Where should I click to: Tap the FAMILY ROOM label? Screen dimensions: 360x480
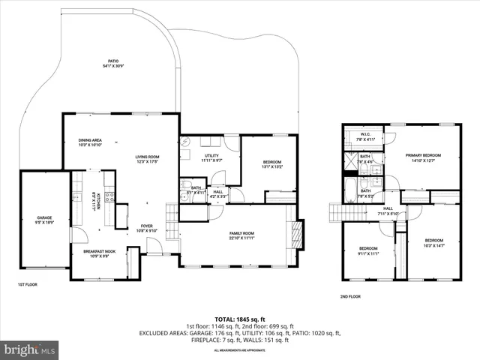pos(241,235)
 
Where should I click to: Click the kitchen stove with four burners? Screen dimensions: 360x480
pos(109,198)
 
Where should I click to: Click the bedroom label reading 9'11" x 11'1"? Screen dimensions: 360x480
pos(367,250)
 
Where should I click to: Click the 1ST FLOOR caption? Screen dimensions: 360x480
pos(28,285)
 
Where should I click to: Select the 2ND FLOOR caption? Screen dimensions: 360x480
pos(351,297)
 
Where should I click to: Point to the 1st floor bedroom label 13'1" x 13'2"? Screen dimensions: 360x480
pos(271,165)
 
